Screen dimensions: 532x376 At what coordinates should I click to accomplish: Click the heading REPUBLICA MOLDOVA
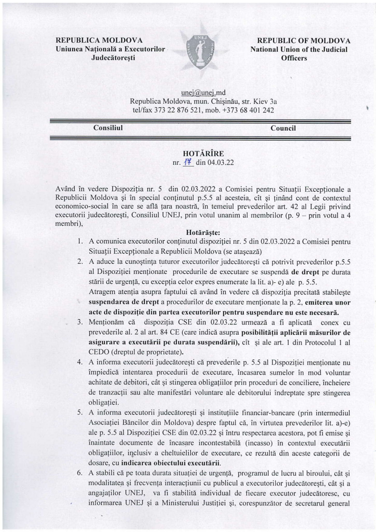[99, 41]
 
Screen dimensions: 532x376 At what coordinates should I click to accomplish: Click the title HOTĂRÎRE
[203, 154]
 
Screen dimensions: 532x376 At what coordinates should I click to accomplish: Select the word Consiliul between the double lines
[108, 128]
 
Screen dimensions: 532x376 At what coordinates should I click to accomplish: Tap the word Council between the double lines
[283, 128]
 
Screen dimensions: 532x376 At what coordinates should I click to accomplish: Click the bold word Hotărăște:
[203, 233]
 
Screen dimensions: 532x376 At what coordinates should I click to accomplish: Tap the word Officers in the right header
[294, 58]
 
